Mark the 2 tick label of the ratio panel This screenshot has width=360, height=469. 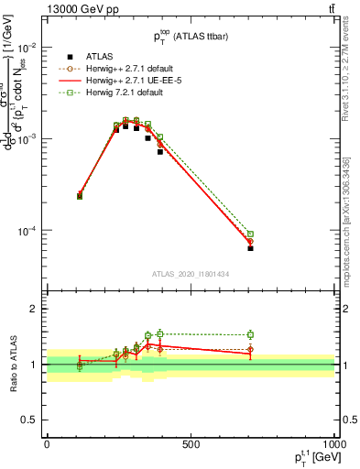pyautogui.click(x=33, y=309)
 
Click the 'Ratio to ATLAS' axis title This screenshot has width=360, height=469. pyautogui.click(x=11, y=364)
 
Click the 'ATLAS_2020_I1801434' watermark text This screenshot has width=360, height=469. pyautogui.click(x=191, y=274)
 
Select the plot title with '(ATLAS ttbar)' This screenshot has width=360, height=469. pyautogui.click(x=191, y=35)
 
